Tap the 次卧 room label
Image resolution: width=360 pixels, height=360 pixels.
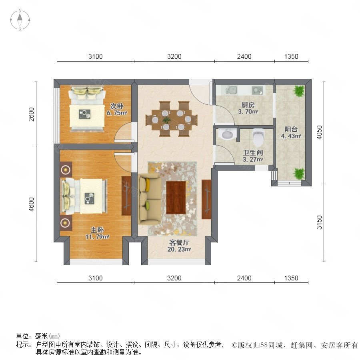[117, 106]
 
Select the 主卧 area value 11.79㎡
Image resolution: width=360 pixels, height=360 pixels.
[97, 237]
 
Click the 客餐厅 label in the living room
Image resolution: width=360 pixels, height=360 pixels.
[179, 242]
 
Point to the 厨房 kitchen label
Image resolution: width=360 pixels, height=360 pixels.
[248, 105]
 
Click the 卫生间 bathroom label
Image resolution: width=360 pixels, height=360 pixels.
[253, 153]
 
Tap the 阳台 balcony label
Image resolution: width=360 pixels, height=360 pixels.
[291, 129]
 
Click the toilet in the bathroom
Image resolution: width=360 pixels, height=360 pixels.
[258, 137]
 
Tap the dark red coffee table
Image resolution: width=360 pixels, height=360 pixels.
[176, 198]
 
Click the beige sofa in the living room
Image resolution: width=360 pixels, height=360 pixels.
[150, 198]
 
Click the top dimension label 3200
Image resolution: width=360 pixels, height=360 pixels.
[174, 56]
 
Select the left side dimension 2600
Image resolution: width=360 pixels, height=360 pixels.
[31, 114]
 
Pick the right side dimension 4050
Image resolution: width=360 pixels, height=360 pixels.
[319, 132]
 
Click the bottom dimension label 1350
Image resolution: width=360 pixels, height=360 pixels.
[291, 278]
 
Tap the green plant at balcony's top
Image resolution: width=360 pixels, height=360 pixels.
[299, 91]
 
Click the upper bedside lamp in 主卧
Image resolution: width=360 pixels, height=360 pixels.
[66, 170]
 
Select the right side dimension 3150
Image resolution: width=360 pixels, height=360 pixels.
[319, 222]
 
